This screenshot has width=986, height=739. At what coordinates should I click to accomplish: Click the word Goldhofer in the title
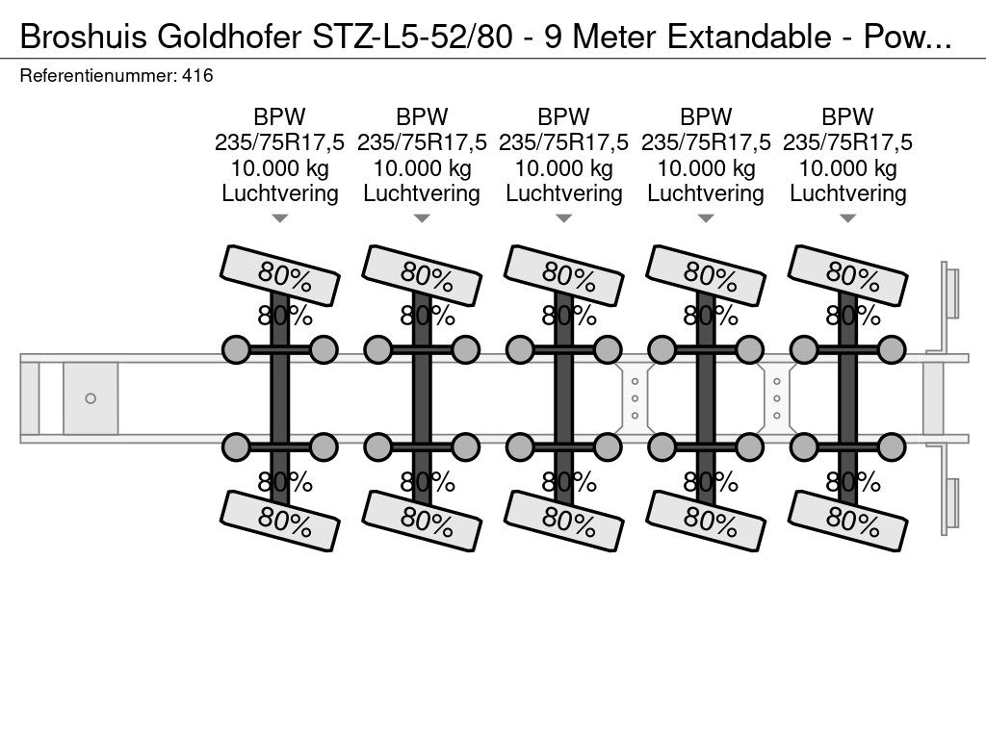(x=229, y=37)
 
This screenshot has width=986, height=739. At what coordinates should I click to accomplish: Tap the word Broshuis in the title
(x=85, y=37)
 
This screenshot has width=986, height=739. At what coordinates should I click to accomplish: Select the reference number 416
(x=197, y=75)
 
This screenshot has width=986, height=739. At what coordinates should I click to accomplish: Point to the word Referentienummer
(x=98, y=75)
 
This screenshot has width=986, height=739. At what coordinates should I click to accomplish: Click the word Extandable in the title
(x=748, y=37)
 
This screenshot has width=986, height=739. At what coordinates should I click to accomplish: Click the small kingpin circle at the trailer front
(x=91, y=398)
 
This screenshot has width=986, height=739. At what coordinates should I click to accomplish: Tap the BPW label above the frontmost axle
(x=280, y=116)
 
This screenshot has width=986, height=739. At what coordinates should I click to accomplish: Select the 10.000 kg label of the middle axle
(x=564, y=167)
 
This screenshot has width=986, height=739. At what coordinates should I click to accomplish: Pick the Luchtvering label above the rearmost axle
(x=847, y=192)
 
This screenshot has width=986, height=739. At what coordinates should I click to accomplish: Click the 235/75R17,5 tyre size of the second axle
(x=422, y=142)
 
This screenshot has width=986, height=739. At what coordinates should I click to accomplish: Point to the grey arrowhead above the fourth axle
(x=706, y=218)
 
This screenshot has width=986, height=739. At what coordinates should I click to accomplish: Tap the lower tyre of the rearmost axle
(x=847, y=521)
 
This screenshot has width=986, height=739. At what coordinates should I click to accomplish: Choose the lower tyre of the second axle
(x=422, y=521)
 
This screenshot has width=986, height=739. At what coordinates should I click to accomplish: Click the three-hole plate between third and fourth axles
(x=636, y=398)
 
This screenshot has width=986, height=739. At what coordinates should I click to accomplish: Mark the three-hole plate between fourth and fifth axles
(x=777, y=398)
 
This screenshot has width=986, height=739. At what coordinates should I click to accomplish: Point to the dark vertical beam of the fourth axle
(x=706, y=398)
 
